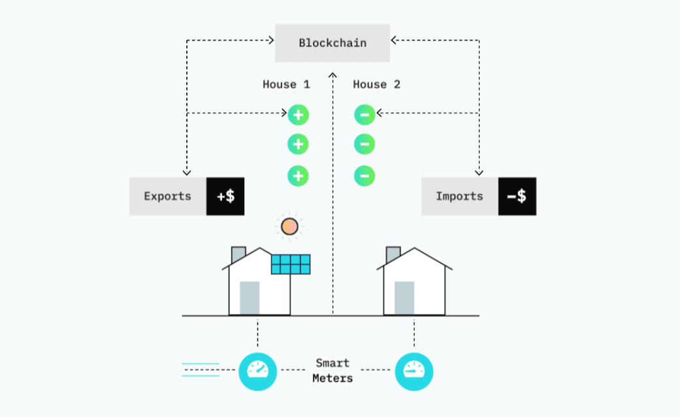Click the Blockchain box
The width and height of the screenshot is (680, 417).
(x=332, y=43)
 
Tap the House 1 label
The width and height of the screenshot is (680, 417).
(x=286, y=85)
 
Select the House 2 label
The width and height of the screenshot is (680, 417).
(x=376, y=85)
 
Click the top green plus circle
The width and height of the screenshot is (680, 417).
(x=298, y=115)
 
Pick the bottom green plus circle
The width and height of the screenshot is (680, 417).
(x=298, y=176)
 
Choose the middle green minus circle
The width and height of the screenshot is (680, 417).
(x=364, y=144)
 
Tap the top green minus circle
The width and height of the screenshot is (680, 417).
(x=364, y=115)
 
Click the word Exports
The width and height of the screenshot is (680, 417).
(x=167, y=196)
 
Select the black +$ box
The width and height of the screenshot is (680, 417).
(x=225, y=196)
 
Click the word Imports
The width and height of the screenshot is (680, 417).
(x=459, y=196)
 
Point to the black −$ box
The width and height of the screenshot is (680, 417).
(x=517, y=196)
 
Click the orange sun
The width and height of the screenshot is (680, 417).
(x=289, y=226)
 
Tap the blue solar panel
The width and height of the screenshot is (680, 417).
(x=291, y=264)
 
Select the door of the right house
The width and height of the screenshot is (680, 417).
(x=404, y=298)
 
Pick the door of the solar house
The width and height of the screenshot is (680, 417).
(x=250, y=298)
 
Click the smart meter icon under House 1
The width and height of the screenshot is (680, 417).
(x=257, y=371)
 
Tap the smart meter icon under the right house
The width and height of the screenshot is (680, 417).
(x=413, y=371)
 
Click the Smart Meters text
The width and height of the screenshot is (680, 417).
(x=332, y=371)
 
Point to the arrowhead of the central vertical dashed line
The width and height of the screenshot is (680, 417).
(x=332, y=74)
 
